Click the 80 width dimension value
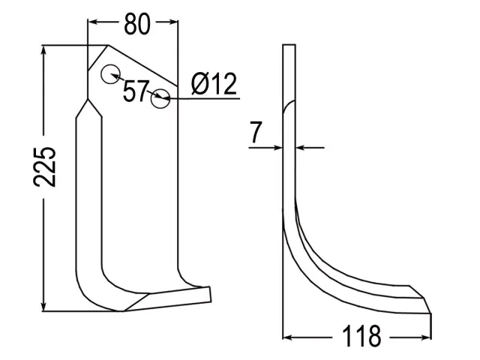pos(137,24)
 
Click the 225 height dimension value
pos(45,166)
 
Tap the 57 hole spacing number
pos(136,91)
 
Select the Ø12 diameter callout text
pos(214,84)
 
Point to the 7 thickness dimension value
pos(255,132)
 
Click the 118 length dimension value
pos(361,336)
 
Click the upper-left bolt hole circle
pos(110,74)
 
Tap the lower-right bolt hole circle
pos(160,98)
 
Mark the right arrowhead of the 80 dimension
pos(172,22)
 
